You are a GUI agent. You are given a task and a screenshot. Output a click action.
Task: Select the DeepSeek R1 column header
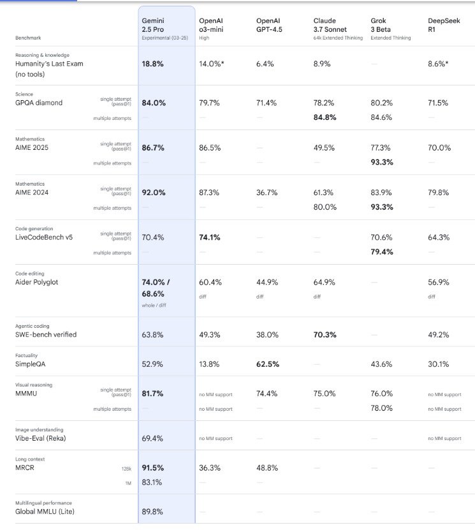tap(440, 26)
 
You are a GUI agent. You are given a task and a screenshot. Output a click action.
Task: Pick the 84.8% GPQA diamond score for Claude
tap(326, 117)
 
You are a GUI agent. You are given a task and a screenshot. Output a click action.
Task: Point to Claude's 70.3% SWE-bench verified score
tap(326, 334)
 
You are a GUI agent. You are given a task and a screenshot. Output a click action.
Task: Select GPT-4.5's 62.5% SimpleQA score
tap(268, 364)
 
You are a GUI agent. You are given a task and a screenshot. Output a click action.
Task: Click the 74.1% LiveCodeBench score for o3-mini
tap(210, 237)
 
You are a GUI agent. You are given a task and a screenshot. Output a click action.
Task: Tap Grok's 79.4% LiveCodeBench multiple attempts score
tap(382, 252)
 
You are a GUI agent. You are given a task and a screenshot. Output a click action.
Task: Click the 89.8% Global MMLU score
tap(153, 511)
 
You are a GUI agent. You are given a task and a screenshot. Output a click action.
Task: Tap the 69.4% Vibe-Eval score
tap(153, 438)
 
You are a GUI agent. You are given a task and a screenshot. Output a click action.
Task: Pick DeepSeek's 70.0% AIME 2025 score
tap(439, 147)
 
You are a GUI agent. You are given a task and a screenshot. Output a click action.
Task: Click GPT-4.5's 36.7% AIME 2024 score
tap(268, 192)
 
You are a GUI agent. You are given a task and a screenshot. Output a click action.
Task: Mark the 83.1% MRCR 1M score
tap(153, 482)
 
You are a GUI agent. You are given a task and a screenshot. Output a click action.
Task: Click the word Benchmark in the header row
tap(29, 38)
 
